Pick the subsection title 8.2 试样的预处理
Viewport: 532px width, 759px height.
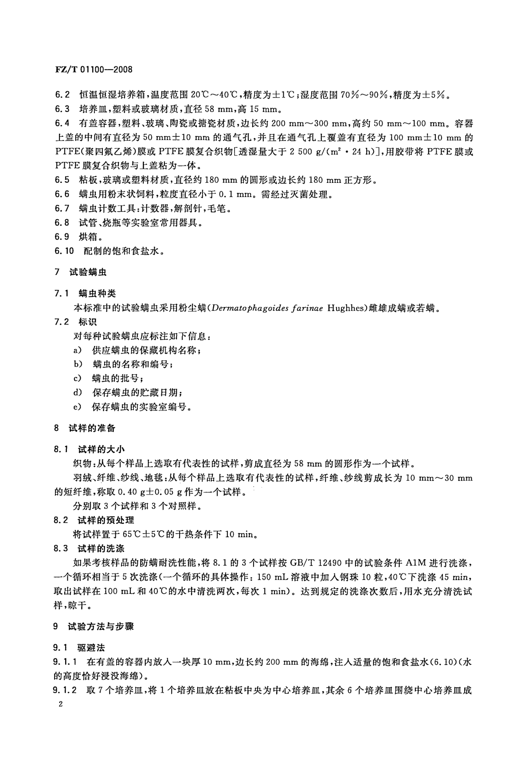coord(94,520)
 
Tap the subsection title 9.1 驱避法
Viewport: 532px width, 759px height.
coord(79,648)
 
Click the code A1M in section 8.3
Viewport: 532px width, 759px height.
coord(414,563)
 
